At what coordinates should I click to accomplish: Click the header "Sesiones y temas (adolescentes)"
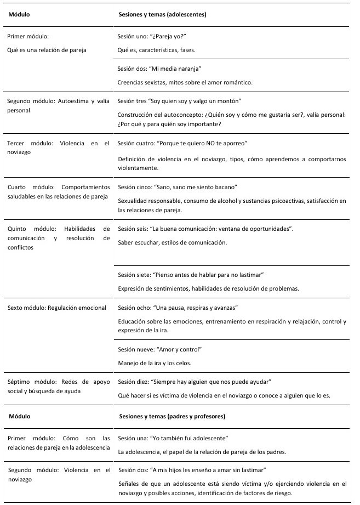pos(163,15)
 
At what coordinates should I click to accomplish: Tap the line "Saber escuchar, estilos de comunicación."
pos(172,242)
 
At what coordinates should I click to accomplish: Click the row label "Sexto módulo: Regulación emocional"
pos(57,308)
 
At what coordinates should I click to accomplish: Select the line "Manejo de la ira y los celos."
pos(155,362)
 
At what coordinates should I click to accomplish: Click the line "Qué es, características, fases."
pos(157,50)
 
